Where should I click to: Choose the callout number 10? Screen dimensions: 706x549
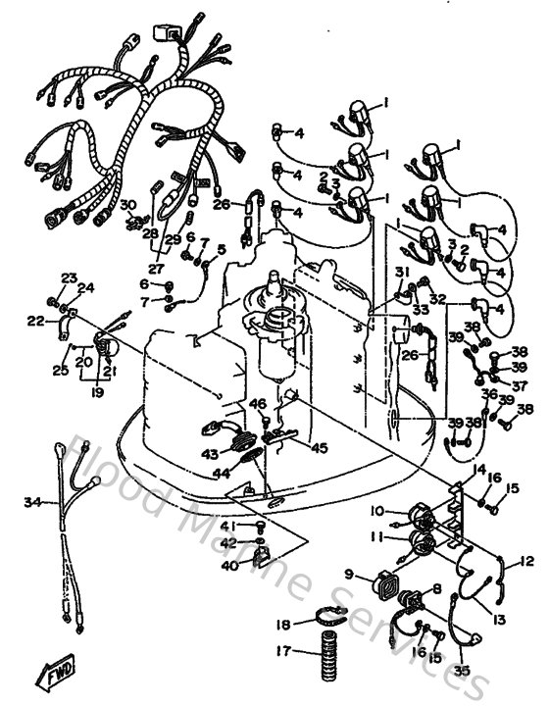pyautogui.click(x=376, y=510)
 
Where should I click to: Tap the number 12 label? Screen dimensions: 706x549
pyautogui.click(x=528, y=562)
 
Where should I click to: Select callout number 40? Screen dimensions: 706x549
pyautogui.click(x=227, y=565)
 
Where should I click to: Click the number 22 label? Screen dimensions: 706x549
pyautogui.click(x=35, y=321)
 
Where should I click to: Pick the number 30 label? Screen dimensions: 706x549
pyautogui.click(x=127, y=204)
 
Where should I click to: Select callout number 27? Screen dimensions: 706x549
pyautogui.click(x=156, y=268)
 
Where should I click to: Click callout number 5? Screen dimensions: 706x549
pyautogui.click(x=222, y=249)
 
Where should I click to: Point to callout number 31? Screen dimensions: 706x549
pyautogui.click(x=401, y=271)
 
